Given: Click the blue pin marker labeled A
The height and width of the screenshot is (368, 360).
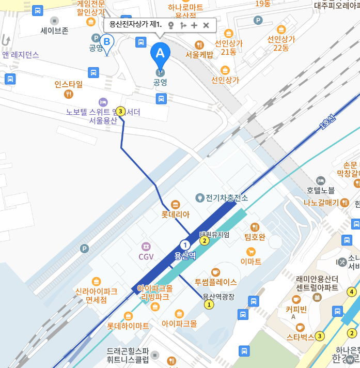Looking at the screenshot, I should tap(160, 53).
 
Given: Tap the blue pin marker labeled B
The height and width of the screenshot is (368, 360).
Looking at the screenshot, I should tap(107, 41).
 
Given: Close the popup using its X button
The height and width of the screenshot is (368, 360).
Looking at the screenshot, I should tap(206, 25).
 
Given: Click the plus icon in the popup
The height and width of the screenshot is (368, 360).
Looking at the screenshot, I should tap(194, 25).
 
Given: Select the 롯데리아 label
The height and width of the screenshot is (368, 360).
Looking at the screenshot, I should tap(175, 214).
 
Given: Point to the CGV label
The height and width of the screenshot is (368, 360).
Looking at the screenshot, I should tap(146, 256).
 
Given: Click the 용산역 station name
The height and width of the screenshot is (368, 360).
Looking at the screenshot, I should tap(185, 255).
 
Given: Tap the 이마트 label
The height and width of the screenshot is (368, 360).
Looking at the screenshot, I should tap(251, 262).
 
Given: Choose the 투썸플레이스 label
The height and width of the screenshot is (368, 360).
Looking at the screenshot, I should tap(215, 282).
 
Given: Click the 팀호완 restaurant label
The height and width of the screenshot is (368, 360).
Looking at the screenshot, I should tap(255, 237).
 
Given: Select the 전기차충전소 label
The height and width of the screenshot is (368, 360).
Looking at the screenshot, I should tap(226, 197).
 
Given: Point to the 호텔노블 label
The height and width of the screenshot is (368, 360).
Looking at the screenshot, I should tap(321, 190).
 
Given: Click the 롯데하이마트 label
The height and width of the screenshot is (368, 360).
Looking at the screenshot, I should tap(128, 326).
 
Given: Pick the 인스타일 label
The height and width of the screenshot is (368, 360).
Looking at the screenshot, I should tap(69, 84).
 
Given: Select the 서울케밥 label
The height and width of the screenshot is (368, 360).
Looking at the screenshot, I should tap(199, 54).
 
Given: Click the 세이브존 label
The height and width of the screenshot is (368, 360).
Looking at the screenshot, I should tap(54, 30).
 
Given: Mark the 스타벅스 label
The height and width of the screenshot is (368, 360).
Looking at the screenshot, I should tap(300, 336).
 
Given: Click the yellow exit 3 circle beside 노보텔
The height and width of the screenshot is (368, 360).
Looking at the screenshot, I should tap(121, 111).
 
